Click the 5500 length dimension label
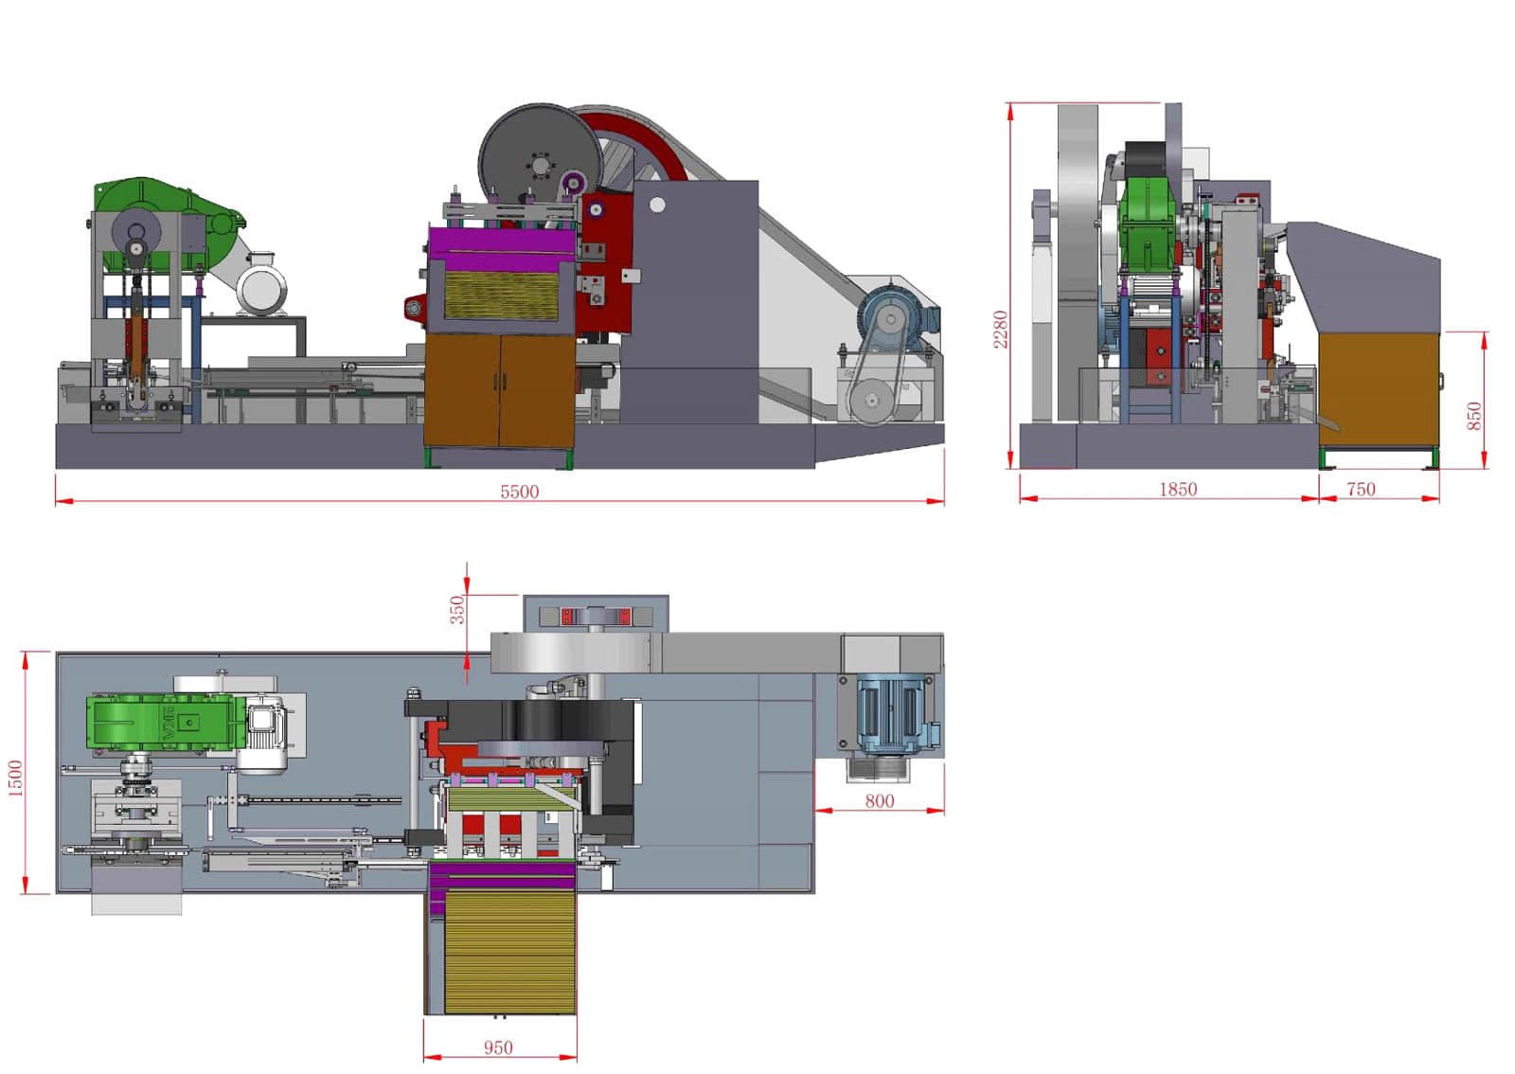click(x=520, y=492)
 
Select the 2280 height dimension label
click(x=1000, y=330)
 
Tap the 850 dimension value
click(x=1475, y=416)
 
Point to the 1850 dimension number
click(x=1178, y=489)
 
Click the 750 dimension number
click(x=1362, y=489)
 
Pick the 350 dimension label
click(x=458, y=609)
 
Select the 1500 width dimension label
click(x=15, y=778)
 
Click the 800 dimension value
click(x=880, y=801)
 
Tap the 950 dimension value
click(x=498, y=1047)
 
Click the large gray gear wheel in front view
click(x=540, y=161)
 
